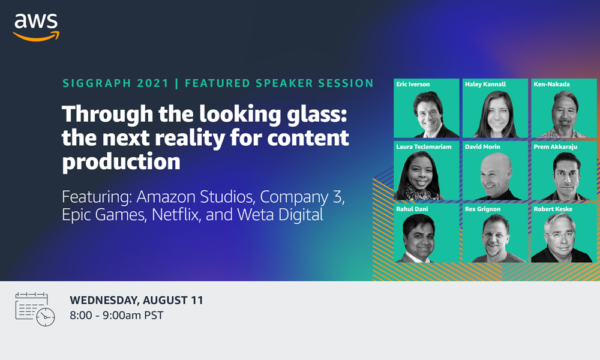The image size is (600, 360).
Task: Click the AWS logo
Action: (37, 27)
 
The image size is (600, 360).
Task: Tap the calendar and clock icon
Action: (35, 309)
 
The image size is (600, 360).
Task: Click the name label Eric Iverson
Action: (413, 84)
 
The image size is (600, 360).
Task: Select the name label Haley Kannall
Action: (485, 84)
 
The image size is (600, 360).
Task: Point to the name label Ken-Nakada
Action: (552, 84)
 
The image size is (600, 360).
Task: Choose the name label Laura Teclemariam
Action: (424, 146)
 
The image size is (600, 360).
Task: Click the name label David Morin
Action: (482, 146)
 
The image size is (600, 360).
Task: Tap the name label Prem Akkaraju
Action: (556, 146)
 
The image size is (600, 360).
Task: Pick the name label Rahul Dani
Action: (412, 209)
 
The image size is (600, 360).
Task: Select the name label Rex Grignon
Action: (483, 209)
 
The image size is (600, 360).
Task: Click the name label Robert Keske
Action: (553, 209)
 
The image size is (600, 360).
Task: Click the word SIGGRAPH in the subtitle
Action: (97, 83)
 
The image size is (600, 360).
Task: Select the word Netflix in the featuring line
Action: (176, 214)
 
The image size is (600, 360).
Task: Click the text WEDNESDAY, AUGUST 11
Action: (136, 301)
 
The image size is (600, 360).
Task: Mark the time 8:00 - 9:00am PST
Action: (116, 315)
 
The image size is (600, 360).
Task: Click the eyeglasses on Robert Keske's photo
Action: (560, 234)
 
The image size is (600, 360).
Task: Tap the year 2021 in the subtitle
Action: (153, 83)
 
